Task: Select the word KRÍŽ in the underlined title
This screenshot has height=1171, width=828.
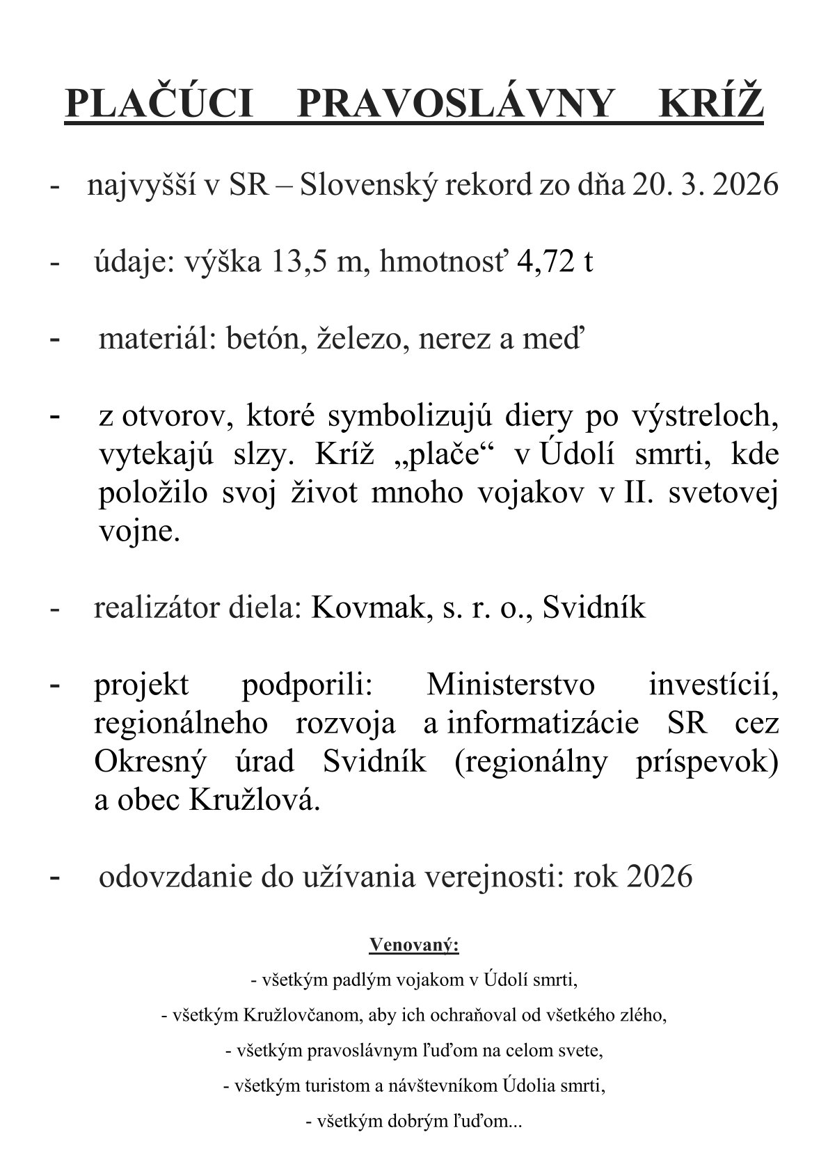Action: coord(710,104)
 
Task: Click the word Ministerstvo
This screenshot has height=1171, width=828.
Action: coord(511,685)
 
